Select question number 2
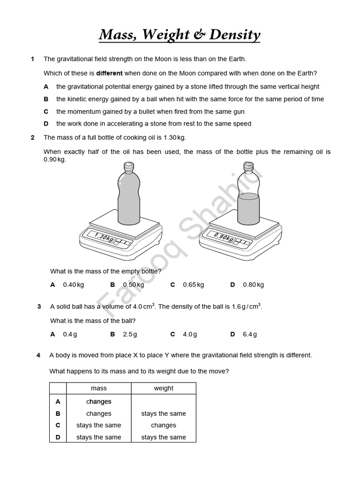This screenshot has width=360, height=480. click(32, 137)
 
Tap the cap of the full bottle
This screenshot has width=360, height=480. click(128, 165)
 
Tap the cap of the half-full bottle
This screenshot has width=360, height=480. click(248, 165)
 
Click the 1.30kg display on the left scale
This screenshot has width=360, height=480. click(104, 237)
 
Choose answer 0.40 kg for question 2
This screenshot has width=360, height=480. click(73, 285)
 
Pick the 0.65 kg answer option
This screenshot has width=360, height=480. click(193, 285)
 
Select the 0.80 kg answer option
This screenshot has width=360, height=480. click(253, 285)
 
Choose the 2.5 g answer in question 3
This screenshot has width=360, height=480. click(130, 334)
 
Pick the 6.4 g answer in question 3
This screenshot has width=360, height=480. click(250, 334)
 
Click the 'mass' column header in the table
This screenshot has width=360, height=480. click(99, 388)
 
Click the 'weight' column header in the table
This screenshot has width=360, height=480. click(164, 388)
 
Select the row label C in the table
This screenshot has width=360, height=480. click(58, 425)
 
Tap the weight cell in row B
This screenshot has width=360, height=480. click(164, 413)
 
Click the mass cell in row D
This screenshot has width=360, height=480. click(99, 437)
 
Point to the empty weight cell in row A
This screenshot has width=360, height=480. click(164, 402)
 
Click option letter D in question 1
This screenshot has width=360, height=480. click(46, 124)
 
